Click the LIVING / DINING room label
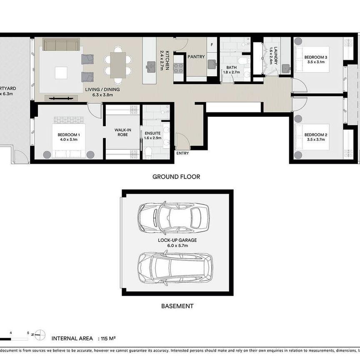102,90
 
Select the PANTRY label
196,57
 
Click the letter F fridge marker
212,44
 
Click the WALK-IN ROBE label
123,132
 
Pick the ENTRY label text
182,153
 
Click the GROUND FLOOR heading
176,177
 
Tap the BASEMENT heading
177,306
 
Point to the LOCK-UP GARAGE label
177,240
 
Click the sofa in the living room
61,45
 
